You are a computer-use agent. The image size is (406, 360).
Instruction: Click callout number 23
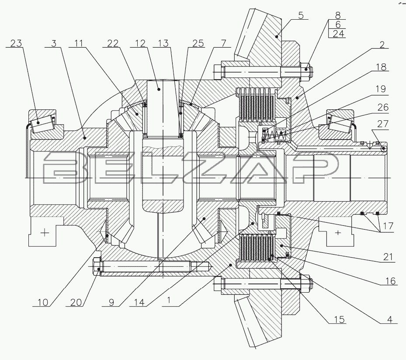pyautogui.click(x=16, y=43)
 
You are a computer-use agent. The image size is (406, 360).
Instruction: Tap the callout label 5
pyautogui.click(x=301, y=15)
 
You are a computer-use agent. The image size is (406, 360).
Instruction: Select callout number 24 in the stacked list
pyautogui.click(x=338, y=34)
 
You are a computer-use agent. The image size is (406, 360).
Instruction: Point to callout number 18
pyautogui.click(x=381, y=67)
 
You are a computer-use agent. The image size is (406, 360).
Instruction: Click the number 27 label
pyautogui.click(x=383, y=124)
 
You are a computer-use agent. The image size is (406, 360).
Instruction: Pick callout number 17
pyautogui.click(x=388, y=226)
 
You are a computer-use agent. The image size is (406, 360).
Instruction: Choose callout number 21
pyautogui.click(x=388, y=257)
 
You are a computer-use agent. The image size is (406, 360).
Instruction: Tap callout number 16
pyautogui.click(x=390, y=281)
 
